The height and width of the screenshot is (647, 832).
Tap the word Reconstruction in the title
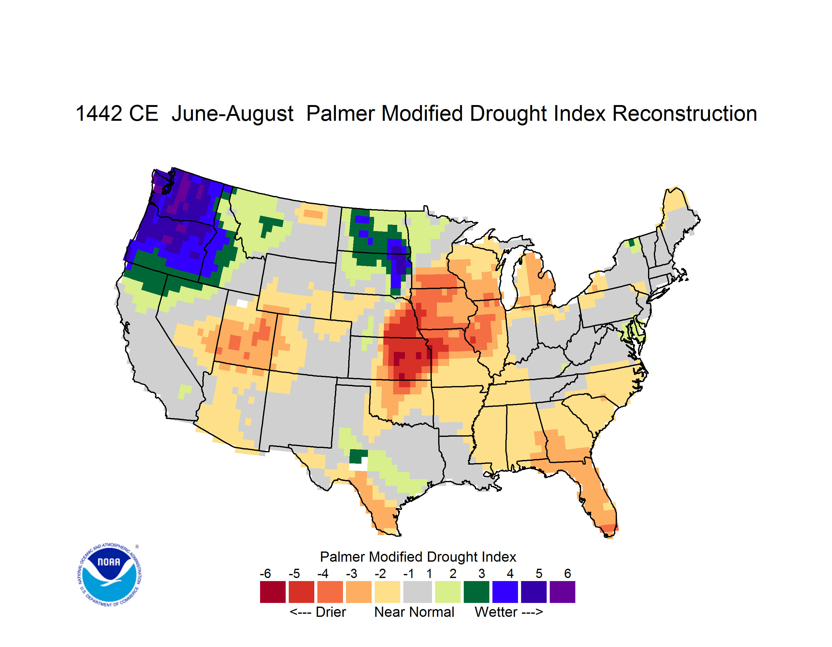click(x=685, y=113)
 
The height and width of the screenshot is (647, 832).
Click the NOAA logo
click(x=109, y=575)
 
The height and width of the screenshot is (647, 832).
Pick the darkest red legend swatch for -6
click(x=273, y=592)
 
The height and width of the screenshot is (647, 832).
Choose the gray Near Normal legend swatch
click(x=418, y=592)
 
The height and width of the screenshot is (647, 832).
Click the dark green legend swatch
click(x=476, y=592)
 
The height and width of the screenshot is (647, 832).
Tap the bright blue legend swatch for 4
click(x=505, y=592)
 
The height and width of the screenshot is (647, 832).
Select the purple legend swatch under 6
click(x=562, y=592)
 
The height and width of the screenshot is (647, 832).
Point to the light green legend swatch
click(x=448, y=592)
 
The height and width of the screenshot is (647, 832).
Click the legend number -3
click(x=352, y=573)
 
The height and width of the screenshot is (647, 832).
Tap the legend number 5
click(x=539, y=573)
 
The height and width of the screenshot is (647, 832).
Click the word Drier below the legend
click(x=331, y=612)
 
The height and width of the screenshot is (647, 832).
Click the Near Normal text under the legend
click(x=414, y=612)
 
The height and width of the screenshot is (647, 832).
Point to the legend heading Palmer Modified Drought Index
click(x=418, y=557)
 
